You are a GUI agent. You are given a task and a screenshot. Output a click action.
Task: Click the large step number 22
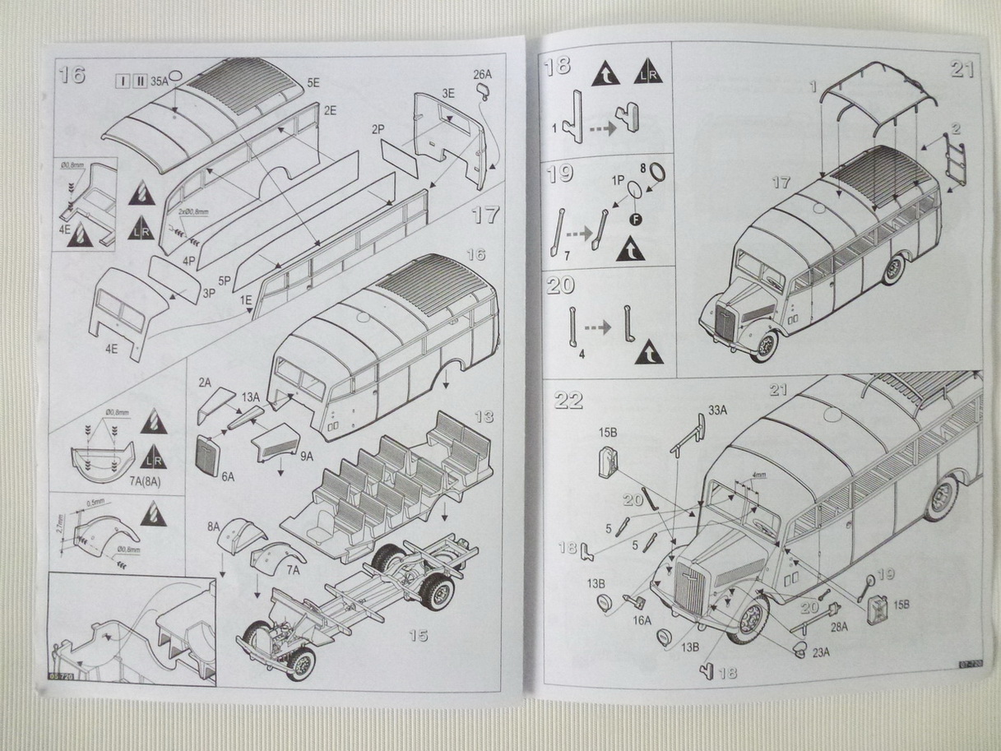[568, 400]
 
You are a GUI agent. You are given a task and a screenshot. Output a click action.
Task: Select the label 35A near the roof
[159, 81]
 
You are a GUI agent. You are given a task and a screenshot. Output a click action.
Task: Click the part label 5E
[313, 83]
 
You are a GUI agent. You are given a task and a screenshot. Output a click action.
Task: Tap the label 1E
[245, 301]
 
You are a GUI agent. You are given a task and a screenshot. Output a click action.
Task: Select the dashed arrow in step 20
[598, 327]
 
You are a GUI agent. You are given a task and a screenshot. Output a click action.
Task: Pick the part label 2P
[378, 129]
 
